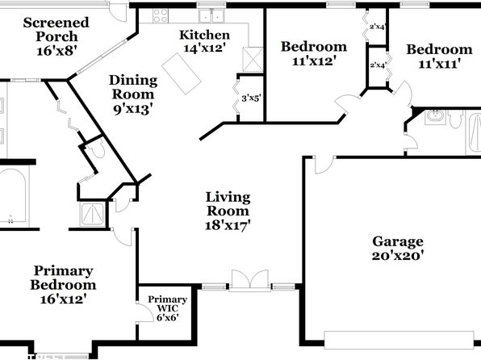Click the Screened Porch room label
[56, 36]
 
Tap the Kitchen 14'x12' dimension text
[205, 48]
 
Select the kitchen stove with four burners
[161, 15]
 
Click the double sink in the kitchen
[211, 16]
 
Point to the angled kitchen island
[182, 73]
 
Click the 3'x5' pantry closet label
[251, 98]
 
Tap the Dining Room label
[133, 87]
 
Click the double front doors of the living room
[250, 279]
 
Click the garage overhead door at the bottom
[399, 340]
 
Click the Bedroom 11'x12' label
[314, 53]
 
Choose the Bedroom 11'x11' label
[439, 57]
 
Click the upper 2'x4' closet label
[377, 27]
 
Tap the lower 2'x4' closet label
[378, 65]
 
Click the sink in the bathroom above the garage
[434, 117]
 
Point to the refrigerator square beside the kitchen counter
[253, 60]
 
